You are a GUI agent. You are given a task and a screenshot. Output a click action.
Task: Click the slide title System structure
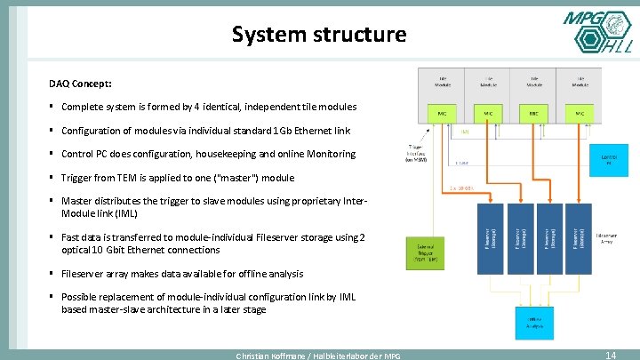[318, 35]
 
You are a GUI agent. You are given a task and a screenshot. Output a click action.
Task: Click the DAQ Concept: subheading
[80, 84]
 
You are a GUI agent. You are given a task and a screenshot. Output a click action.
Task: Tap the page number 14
[610, 354]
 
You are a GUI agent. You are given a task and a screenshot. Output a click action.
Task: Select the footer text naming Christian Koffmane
[317, 356]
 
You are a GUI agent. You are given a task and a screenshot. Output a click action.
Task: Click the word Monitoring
[329, 154]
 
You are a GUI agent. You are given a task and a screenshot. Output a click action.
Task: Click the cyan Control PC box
[607, 161]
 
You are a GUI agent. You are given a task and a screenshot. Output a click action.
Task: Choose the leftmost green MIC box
[442, 114]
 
